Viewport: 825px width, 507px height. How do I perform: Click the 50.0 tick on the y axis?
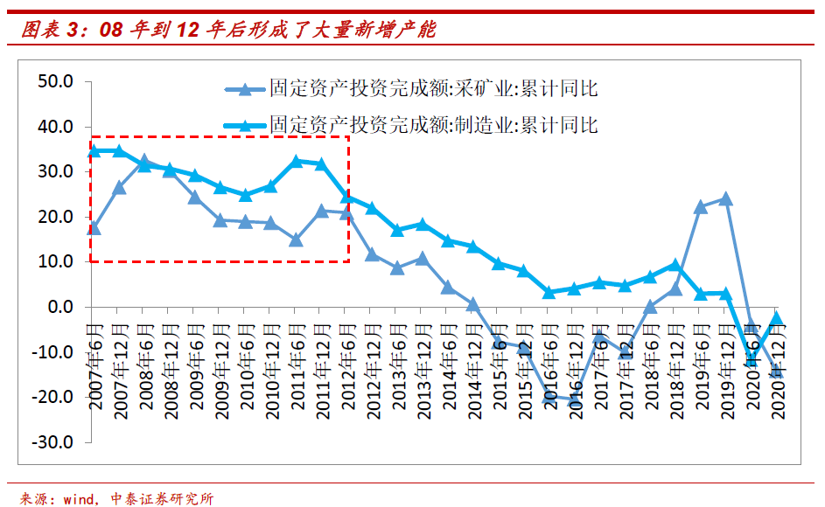54,81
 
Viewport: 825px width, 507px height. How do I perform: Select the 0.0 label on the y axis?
59,307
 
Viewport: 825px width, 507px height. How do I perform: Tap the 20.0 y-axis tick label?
54,217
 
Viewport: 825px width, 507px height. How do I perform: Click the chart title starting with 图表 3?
227,31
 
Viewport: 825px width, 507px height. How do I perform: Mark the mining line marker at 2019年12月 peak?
725,198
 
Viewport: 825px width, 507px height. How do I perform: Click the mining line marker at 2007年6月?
94,228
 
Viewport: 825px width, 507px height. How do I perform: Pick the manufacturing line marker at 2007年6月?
94,150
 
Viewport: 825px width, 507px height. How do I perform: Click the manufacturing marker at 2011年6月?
297,162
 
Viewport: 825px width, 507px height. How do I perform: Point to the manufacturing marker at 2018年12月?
675,264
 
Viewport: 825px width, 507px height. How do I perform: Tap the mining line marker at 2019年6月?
700,207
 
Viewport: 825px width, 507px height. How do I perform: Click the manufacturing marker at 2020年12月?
776,319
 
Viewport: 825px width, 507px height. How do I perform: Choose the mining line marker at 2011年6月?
297,240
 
